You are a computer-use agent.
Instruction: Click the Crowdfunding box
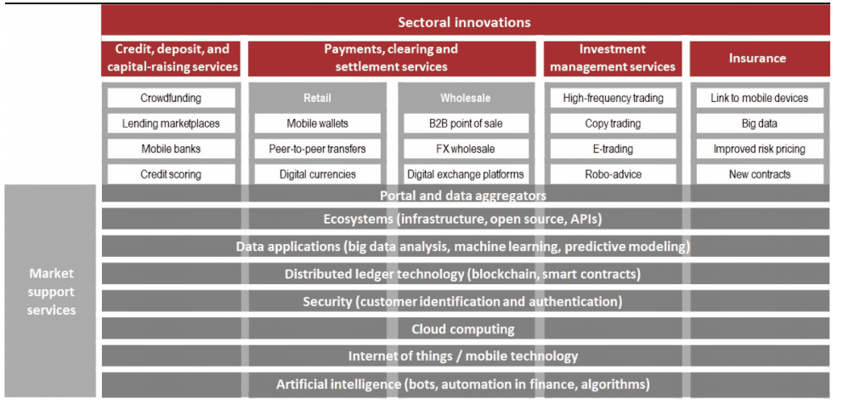[171, 98]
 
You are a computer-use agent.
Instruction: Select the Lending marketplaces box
[171, 123]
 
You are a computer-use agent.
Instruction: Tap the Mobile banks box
[171, 149]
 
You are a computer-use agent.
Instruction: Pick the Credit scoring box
[171, 174]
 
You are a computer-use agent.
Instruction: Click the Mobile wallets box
[317, 123]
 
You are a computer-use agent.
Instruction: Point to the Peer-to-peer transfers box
[317, 149]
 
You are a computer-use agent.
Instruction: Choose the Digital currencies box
[317, 174]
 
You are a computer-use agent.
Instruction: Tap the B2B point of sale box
[466, 123]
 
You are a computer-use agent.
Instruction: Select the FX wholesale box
[466, 149]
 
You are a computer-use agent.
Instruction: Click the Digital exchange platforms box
[466, 174]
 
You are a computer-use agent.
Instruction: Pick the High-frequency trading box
[613, 98]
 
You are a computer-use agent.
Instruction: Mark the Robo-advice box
[613, 174]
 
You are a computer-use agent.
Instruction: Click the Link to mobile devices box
[760, 98]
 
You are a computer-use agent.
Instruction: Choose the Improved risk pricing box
[760, 149]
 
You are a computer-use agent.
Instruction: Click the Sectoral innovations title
[465, 22]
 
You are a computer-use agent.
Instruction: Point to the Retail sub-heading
[317, 98]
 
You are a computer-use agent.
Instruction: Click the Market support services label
[52, 292]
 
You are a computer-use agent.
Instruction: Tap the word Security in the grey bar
[327, 301]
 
